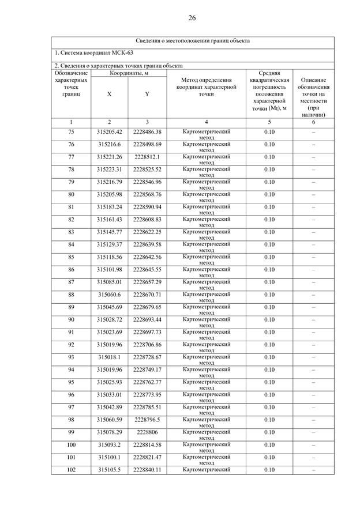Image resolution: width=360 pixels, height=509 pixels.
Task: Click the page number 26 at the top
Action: click(x=192, y=18)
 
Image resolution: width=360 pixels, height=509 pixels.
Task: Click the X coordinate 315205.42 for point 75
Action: click(x=110, y=132)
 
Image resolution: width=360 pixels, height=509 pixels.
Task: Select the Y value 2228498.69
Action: click(x=147, y=144)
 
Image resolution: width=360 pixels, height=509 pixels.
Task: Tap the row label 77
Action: click(x=71, y=157)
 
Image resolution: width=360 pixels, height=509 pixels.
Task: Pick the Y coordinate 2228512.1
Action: click(x=147, y=157)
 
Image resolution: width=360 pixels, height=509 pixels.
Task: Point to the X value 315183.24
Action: click(x=110, y=207)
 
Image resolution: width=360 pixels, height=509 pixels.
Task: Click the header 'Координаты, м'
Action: click(x=128, y=73)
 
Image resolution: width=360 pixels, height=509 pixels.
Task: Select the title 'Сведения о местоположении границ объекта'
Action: click(x=193, y=42)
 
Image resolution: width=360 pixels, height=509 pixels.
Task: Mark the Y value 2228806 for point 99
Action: click(x=147, y=432)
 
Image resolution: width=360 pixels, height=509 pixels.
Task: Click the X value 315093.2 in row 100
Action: click(x=110, y=445)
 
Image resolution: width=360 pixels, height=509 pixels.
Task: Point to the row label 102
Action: click(x=71, y=470)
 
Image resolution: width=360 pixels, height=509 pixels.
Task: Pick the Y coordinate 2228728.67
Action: click(x=147, y=357)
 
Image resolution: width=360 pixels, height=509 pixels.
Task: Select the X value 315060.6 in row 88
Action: click(x=110, y=295)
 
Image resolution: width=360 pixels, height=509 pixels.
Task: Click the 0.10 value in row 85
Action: click(x=269, y=257)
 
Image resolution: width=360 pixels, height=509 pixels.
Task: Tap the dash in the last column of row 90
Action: click(x=313, y=320)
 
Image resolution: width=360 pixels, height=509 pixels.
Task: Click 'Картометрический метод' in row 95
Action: click(x=207, y=382)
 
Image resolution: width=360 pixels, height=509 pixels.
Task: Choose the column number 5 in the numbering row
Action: click(x=269, y=122)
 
